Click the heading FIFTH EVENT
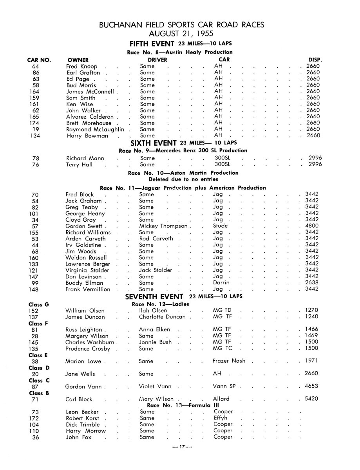pos(152,44)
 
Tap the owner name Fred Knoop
pos(81,67)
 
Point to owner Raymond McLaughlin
pos(95,129)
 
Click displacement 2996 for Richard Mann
pos(315,158)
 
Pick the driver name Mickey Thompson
pos(163,226)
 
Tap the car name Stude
pos(220,226)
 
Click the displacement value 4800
pos(313,226)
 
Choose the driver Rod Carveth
pos(156,239)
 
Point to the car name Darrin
pos(221,283)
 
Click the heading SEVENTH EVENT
pos(154,296)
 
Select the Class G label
pos(38,304)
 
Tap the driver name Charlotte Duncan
pos(162,317)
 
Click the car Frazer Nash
pos(229,361)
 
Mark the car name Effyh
pos(221,418)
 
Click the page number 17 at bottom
pos(180,447)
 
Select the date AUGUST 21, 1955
pos(181,33)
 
